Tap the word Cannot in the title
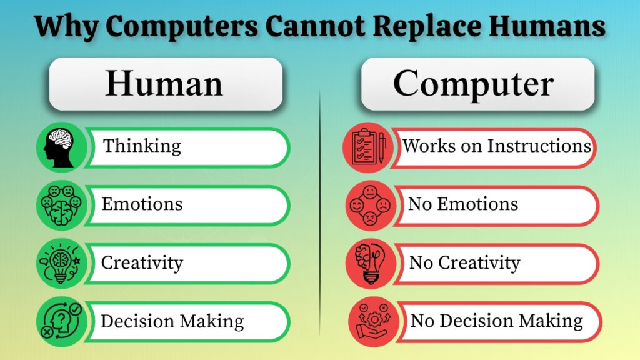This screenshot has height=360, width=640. (x=315, y=27)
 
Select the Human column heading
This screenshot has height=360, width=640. (x=164, y=84)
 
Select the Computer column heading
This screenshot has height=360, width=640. (x=473, y=84)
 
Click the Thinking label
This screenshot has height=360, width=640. (x=142, y=146)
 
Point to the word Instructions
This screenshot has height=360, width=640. (x=539, y=146)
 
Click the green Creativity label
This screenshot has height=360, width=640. (x=142, y=262)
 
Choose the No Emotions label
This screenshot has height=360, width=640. (x=463, y=204)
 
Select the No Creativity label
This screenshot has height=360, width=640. (x=464, y=262)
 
